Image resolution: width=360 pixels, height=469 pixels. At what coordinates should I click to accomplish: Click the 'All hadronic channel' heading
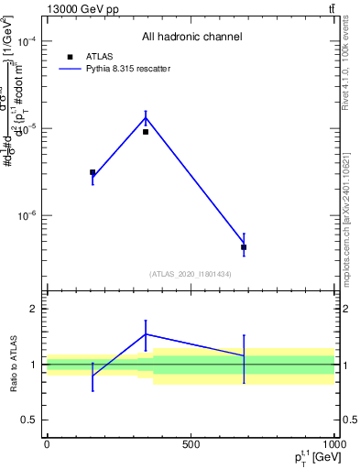pos(191,37)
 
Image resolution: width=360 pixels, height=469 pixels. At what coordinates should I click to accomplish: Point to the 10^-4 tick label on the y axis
pos(25,41)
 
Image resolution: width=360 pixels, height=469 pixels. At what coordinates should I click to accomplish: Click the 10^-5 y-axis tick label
pos(25,128)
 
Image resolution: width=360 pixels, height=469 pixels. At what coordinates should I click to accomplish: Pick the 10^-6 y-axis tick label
pos(25,216)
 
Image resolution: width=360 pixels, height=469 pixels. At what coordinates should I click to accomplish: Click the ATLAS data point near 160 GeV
pos(93,172)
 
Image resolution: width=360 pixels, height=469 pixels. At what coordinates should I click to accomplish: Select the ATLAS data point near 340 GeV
pos(146,132)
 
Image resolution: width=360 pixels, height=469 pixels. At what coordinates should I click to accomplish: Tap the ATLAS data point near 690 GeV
pos(244,247)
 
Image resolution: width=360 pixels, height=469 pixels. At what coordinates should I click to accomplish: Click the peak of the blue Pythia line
pos(146,117)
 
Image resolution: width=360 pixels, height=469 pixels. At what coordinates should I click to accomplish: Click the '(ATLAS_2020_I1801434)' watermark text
pos(191,274)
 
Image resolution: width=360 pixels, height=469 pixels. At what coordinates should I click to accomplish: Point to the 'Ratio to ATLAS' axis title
pos(13,364)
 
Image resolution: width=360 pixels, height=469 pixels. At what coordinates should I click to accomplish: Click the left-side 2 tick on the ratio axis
pos(32,309)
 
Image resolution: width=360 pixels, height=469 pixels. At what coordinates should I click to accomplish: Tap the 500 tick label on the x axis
pos(191,444)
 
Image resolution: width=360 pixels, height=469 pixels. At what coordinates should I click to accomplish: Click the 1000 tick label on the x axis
pos(333,444)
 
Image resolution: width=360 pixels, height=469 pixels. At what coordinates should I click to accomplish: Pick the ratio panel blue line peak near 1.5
pos(146,333)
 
